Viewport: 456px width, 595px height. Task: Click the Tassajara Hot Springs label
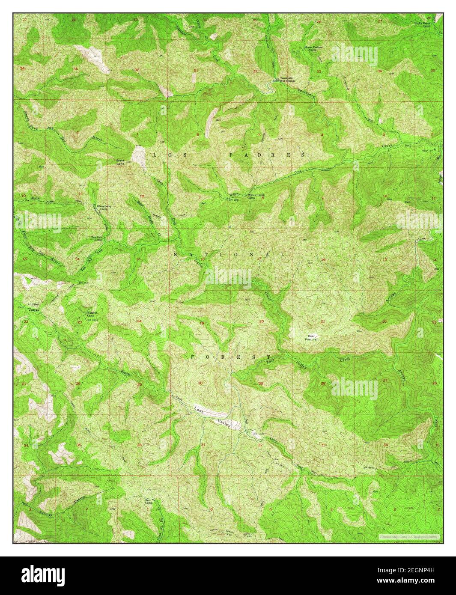coord(288,80)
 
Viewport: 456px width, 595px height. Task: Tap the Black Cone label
coord(121,162)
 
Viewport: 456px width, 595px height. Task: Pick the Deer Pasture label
coord(311,338)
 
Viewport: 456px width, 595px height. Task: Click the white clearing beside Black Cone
coord(138,155)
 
